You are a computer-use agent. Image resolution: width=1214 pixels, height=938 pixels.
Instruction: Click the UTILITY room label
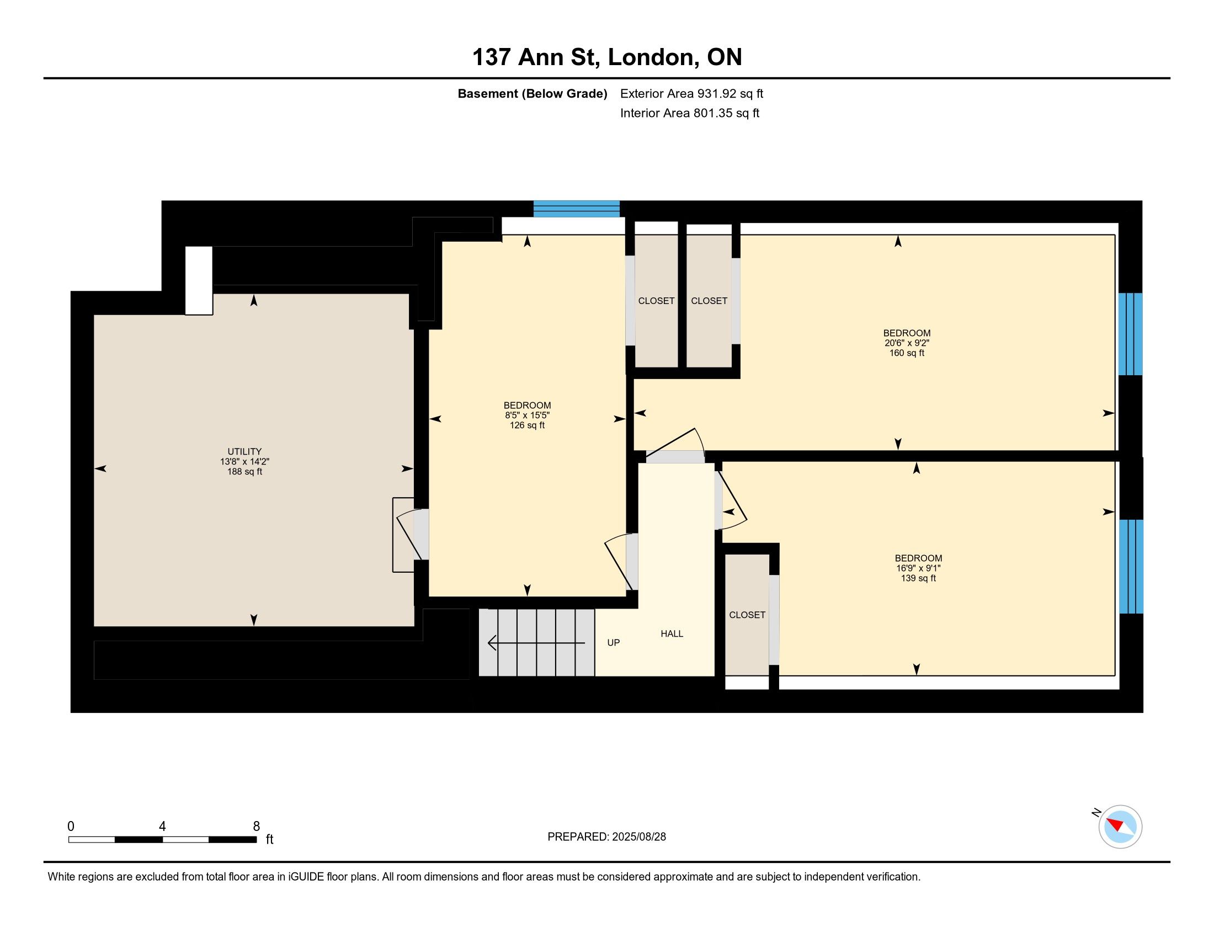click(244, 452)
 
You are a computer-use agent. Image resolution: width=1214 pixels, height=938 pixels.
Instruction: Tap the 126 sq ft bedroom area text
click(527, 425)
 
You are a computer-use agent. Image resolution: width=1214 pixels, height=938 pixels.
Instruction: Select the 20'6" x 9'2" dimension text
click(907, 343)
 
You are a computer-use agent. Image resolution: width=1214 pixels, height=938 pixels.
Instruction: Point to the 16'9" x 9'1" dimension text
click(918, 568)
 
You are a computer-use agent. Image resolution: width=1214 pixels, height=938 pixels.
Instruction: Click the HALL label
click(672, 634)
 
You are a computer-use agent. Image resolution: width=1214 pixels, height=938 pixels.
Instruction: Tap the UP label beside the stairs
click(614, 643)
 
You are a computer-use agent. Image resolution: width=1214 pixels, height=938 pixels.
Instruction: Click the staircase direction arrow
click(536, 643)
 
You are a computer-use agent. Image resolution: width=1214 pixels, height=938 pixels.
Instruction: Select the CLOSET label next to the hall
click(747, 615)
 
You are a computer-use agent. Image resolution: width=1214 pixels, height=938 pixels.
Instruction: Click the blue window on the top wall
click(577, 209)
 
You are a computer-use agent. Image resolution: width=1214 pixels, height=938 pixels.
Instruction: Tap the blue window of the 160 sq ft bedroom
click(1130, 334)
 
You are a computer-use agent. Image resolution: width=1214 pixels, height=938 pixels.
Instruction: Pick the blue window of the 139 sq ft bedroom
click(1131, 567)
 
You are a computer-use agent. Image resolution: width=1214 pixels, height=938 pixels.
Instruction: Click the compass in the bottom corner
click(1120, 827)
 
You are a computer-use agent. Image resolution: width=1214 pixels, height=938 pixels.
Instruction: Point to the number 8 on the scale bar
click(256, 827)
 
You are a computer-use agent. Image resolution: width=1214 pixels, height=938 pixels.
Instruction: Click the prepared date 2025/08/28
click(638, 837)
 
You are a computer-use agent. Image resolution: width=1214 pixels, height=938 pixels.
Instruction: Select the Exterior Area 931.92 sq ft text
click(692, 94)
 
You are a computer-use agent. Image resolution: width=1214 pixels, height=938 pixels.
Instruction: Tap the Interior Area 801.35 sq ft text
click(690, 113)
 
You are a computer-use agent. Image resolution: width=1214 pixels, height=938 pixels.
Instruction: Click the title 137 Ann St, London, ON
click(607, 57)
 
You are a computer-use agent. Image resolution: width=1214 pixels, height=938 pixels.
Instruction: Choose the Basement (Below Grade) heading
click(532, 94)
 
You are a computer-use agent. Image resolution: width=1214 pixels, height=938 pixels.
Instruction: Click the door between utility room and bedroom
click(411, 534)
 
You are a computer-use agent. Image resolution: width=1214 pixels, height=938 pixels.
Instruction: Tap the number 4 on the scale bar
click(162, 827)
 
